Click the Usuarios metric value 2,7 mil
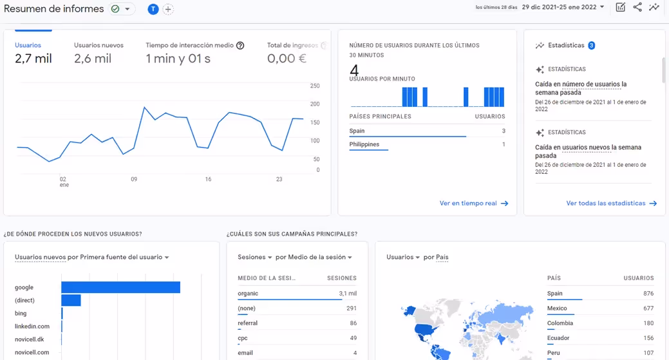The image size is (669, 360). (x=33, y=59)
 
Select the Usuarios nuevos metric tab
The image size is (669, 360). (x=99, y=45)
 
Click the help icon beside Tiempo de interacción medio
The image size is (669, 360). (x=240, y=46)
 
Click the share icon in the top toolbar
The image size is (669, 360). (x=637, y=7)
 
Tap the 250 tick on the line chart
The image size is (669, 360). (x=315, y=86)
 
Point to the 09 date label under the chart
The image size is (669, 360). (x=134, y=180)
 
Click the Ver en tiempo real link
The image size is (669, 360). (x=473, y=204)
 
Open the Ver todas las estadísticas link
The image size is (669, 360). (x=611, y=204)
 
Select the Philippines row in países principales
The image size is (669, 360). (x=364, y=145)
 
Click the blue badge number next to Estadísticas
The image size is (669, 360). (x=591, y=46)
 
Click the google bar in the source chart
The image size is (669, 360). (x=120, y=287)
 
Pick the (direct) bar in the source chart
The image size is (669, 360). (x=71, y=300)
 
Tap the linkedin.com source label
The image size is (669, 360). (x=32, y=327)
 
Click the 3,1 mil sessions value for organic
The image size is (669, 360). (x=348, y=294)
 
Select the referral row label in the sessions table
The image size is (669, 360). (x=247, y=323)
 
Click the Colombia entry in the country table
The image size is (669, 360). (x=560, y=323)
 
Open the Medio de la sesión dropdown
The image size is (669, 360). (x=314, y=257)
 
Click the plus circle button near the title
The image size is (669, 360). (x=168, y=9)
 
